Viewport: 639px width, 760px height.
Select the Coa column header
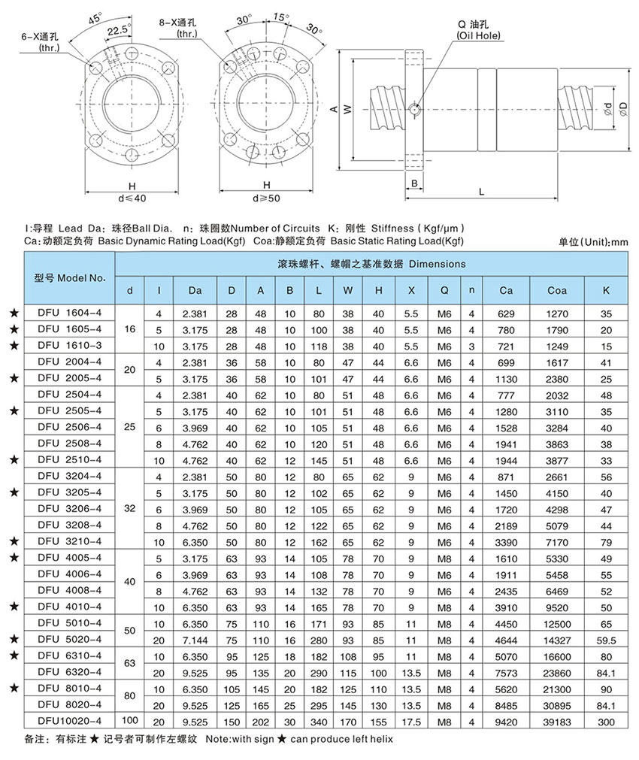556,290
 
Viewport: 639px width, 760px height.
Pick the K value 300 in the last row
606,721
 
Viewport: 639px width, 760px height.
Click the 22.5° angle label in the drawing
119,32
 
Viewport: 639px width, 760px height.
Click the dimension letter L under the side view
481,192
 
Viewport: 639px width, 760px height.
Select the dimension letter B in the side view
414,183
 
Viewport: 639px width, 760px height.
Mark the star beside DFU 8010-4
12,687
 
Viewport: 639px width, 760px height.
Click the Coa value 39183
556,721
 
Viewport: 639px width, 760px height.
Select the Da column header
195,290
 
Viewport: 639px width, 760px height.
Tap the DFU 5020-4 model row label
68,638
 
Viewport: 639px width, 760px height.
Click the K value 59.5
606,638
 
